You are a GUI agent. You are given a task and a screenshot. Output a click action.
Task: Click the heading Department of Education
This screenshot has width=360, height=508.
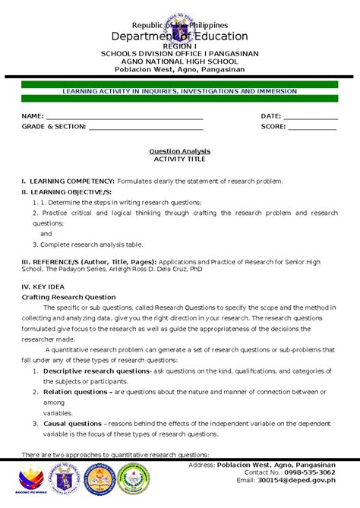(180, 36)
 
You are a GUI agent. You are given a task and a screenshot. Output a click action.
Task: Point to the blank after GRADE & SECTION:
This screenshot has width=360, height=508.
(146, 128)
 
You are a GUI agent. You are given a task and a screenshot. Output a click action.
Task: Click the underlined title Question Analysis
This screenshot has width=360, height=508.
(180, 151)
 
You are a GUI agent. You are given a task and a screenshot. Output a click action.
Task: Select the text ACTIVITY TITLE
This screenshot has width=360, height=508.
(180, 159)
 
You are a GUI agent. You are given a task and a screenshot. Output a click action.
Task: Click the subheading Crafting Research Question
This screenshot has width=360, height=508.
(69, 297)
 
